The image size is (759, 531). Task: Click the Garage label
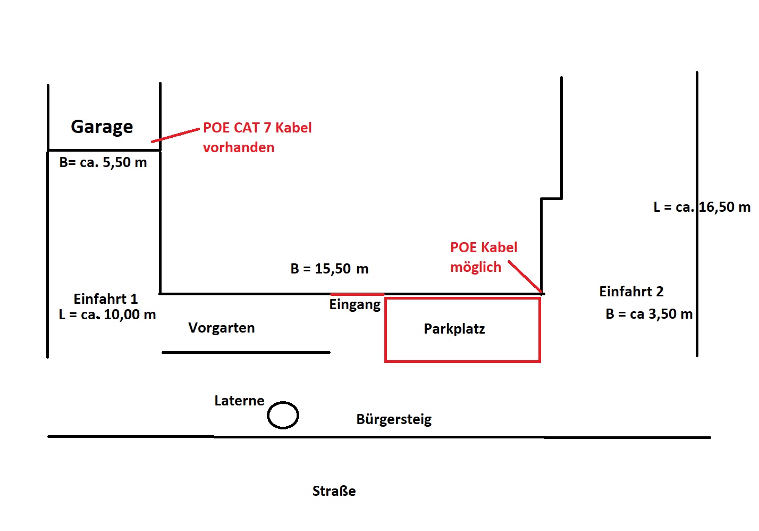point(102,127)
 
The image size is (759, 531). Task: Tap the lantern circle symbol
point(283,415)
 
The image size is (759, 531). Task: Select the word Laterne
point(239,401)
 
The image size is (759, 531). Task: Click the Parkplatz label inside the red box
point(454,329)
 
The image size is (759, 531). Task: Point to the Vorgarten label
point(222,328)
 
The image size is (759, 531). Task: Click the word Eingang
point(355,305)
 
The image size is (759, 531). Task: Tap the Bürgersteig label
point(394,419)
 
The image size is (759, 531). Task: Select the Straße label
point(334,491)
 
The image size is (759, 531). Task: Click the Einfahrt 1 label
point(106,298)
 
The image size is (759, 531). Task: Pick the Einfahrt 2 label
point(631,292)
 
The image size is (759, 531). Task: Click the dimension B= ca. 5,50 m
point(103,163)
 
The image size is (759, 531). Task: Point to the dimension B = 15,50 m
point(330,269)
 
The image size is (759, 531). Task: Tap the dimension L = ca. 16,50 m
point(702,208)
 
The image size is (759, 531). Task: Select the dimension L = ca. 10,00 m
point(107,315)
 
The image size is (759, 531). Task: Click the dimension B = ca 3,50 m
point(649,314)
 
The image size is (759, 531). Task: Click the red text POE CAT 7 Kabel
point(257,128)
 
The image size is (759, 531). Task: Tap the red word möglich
point(476,267)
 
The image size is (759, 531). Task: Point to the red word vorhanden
point(239,147)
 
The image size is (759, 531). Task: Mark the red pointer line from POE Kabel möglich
point(525,277)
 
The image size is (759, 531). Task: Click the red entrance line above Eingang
point(357,294)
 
